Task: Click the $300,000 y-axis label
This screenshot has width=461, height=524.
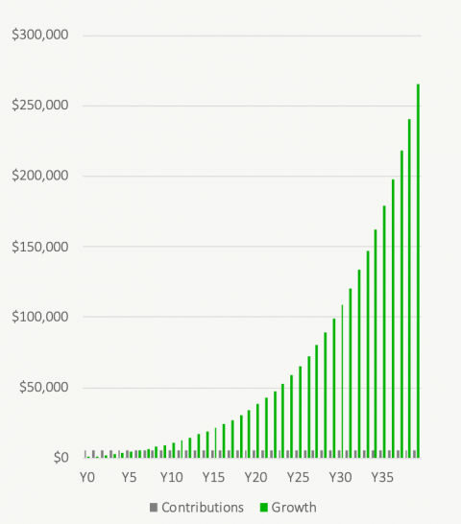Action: pyautogui.click(x=39, y=36)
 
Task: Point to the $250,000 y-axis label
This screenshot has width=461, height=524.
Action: pyautogui.click(x=39, y=106)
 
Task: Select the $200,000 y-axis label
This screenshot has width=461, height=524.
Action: pyautogui.click(x=39, y=176)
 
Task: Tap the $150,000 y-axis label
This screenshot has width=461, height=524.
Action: pyautogui.click(x=39, y=247)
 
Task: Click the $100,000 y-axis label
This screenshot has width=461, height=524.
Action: pyautogui.click(x=39, y=317)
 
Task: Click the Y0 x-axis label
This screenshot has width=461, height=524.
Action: pyautogui.click(x=87, y=477)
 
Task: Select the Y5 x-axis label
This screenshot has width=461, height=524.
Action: pyautogui.click(x=130, y=477)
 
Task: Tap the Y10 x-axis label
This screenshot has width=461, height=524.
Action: pyautogui.click(x=172, y=477)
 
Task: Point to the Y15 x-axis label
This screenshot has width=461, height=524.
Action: pyautogui.click(x=214, y=477)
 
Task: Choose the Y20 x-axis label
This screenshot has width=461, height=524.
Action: pyautogui.click(x=255, y=477)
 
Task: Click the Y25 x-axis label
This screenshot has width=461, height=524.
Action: pyautogui.click(x=298, y=477)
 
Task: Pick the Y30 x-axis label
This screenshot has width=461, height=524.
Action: pyautogui.click(x=340, y=477)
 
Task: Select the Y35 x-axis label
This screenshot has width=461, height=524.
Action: pyautogui.click(x=382, y=477)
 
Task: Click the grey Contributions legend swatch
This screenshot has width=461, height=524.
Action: pyautogui.click(x=153, y=507)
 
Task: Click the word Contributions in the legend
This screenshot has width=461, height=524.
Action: pyautogui.click(x=202, y=507)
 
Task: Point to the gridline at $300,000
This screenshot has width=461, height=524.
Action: pyautogui.click(x=250, y=36)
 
